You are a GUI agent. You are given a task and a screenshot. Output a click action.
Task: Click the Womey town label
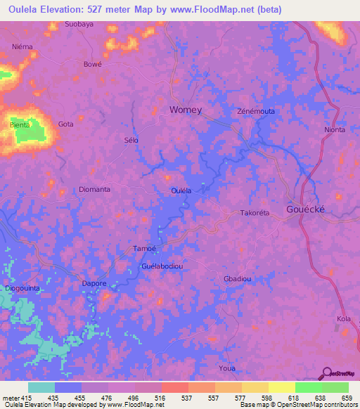click(x=186, y=110)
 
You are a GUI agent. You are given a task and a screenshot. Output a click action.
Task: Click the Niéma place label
click(x=22, y=46)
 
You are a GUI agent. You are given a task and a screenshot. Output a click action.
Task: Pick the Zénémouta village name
click(x=255, y=112)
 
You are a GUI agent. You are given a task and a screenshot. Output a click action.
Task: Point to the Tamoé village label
click(x=144, y=248)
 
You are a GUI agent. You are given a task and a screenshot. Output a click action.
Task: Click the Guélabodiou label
click(x=162, y=266)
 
